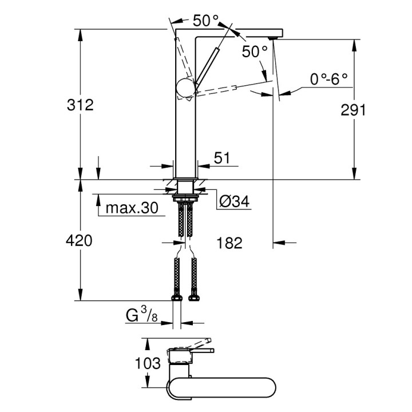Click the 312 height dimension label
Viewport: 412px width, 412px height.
click(x=80, y=105)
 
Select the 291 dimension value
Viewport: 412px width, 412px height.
click(x=354, y=110)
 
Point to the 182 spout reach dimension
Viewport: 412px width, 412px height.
click(x=230, y=243)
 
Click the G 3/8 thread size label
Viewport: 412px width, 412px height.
click(x=141, y=315)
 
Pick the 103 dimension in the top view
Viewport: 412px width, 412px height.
click(x=148, y=362)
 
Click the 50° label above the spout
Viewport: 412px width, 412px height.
click(x=205, y=22)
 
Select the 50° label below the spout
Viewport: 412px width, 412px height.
click(x=254, y=51)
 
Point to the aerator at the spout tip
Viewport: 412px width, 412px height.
click(x=273, y=37)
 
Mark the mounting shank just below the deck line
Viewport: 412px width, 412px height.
click(x=185, y=187)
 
